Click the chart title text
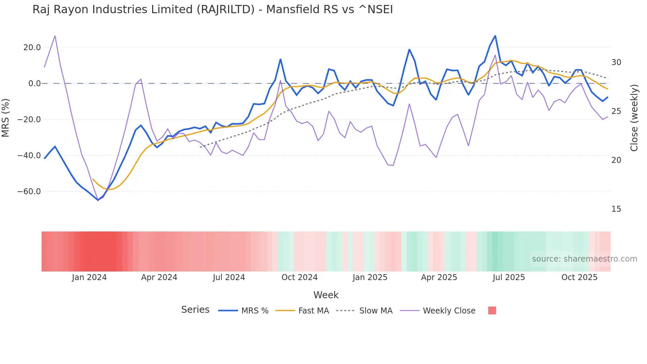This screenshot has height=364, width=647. click(213, 10)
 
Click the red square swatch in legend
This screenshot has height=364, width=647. click(492, 310)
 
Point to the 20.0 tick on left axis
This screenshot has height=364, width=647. click(32, 48)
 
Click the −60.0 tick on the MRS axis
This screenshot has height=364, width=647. click(29, 192)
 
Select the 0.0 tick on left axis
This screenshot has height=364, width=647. click(34, 84)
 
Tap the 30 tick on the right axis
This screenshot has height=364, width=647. click(616, 62)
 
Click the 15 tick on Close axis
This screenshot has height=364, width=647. click(616, 209)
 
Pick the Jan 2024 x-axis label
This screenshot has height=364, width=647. click(89, 277)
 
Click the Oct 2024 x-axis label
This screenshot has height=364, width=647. click(299, 277)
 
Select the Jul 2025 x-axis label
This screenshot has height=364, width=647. click(509, 277)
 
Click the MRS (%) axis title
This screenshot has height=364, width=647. click(6, 118)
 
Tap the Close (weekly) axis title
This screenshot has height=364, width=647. click(634, 118)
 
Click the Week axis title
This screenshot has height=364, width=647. click(326, 295)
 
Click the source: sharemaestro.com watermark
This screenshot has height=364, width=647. click(584, 259)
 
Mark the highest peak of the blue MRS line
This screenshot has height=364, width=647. click(495, 36)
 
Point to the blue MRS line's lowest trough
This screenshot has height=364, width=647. click(98, 200)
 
